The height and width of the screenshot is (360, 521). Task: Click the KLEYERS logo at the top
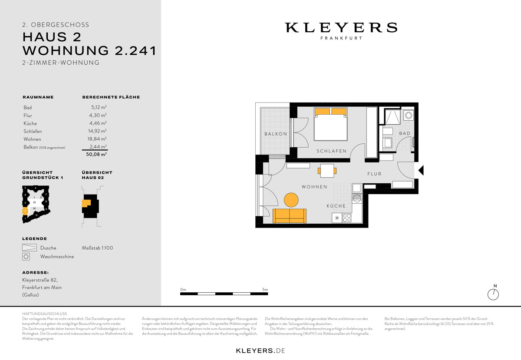click(341, 28)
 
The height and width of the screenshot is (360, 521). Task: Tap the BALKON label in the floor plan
click(276, 134)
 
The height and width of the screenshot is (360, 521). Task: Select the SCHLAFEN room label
click(331, 151)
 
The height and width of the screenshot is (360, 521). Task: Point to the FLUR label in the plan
click(374, 174)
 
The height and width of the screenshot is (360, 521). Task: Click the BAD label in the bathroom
click(405, 133)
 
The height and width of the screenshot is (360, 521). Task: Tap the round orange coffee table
click(291, 200)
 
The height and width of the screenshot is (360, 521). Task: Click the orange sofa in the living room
click(289, 216)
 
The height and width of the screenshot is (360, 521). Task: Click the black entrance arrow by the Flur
click(420, 170)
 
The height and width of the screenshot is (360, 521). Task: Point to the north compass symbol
click(493, 294)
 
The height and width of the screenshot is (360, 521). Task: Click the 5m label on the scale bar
click(265, 290)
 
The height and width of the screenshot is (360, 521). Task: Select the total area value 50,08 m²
click(96, 154)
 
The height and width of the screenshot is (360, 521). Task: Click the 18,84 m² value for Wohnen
click(97, 139)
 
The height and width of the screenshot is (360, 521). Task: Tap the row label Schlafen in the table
click(33, 131)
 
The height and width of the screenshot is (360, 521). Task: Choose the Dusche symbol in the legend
click(30, 248)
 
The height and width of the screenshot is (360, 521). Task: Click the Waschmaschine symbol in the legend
click(26, 257)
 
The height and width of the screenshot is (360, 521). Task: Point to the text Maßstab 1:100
click(97, 248)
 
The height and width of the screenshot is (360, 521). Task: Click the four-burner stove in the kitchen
click(347, 218)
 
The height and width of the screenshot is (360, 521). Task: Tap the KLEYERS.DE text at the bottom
click(260, 350)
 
